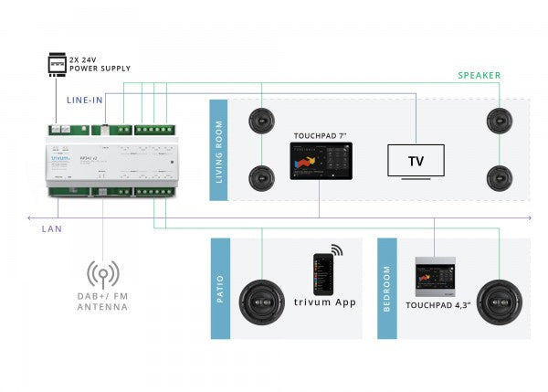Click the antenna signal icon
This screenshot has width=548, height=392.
click(102, 274)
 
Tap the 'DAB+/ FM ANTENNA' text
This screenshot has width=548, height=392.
click(102, 302)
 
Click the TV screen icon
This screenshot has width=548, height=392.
click(416, 161)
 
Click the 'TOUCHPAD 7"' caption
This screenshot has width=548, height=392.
click(320, 135)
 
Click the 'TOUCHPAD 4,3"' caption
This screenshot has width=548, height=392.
click(437, 306)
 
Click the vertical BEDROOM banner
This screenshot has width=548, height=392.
click(387, 289)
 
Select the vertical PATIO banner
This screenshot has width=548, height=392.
click(219, 289)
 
